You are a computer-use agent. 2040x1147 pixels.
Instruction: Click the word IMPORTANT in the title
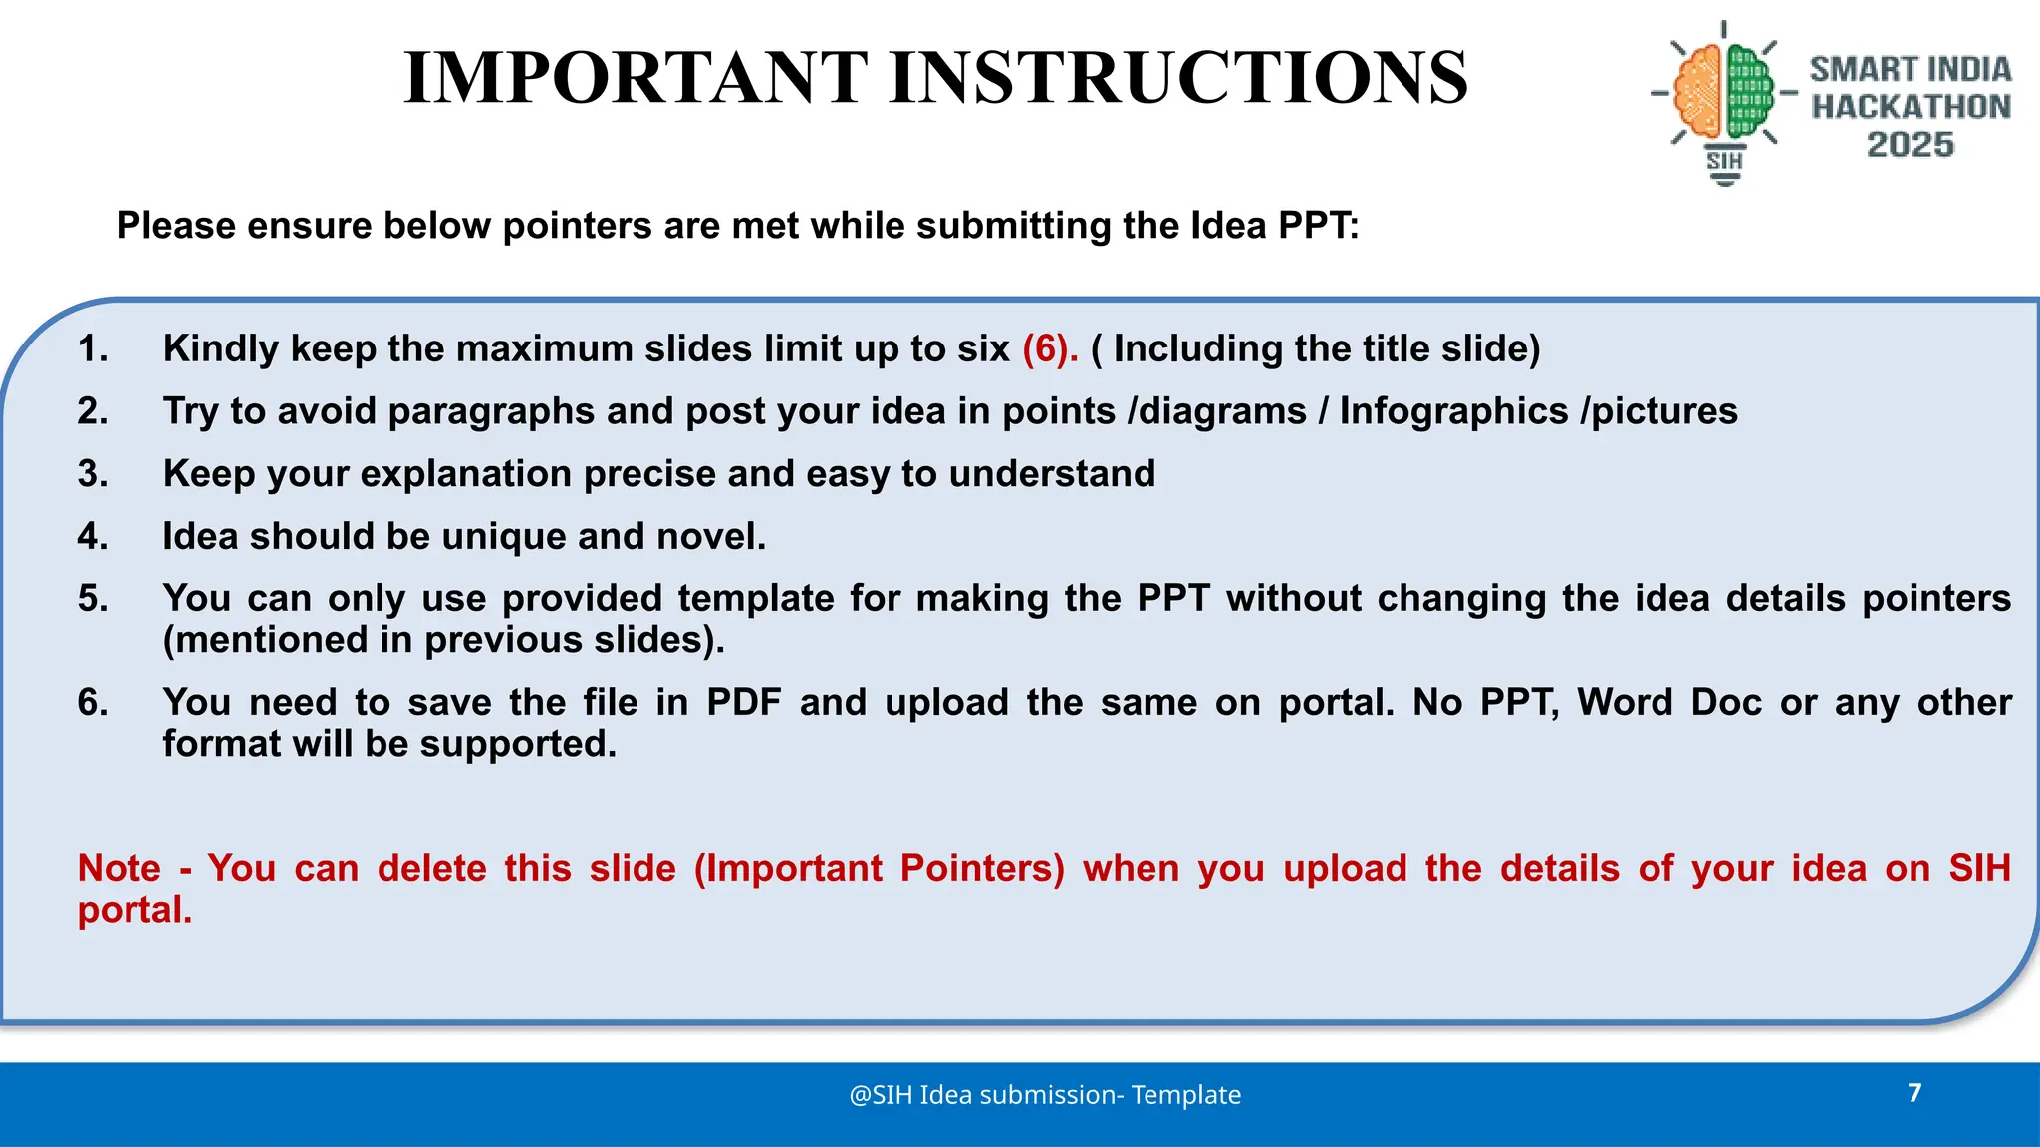[636, 78]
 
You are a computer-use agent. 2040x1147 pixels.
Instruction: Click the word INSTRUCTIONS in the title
[1178, 78]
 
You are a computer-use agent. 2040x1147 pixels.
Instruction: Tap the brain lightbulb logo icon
[1724, 100]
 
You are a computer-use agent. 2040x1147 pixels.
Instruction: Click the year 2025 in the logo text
[1910, 145]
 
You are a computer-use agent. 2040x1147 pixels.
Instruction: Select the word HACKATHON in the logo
[1911, 107]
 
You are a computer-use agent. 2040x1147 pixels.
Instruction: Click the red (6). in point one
[1050, 349]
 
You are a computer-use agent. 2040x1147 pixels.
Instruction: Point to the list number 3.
[92, 474]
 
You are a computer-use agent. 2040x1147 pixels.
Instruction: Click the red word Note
[119, 869]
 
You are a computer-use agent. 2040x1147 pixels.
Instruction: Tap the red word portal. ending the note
[134, 911]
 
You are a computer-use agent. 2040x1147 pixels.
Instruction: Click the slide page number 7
[1913, 1093]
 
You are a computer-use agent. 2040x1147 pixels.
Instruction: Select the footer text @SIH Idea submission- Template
[1045, 1095]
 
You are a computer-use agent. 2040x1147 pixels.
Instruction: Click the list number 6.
[92, 703]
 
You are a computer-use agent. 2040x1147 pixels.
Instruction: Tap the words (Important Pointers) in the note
[879, 869]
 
